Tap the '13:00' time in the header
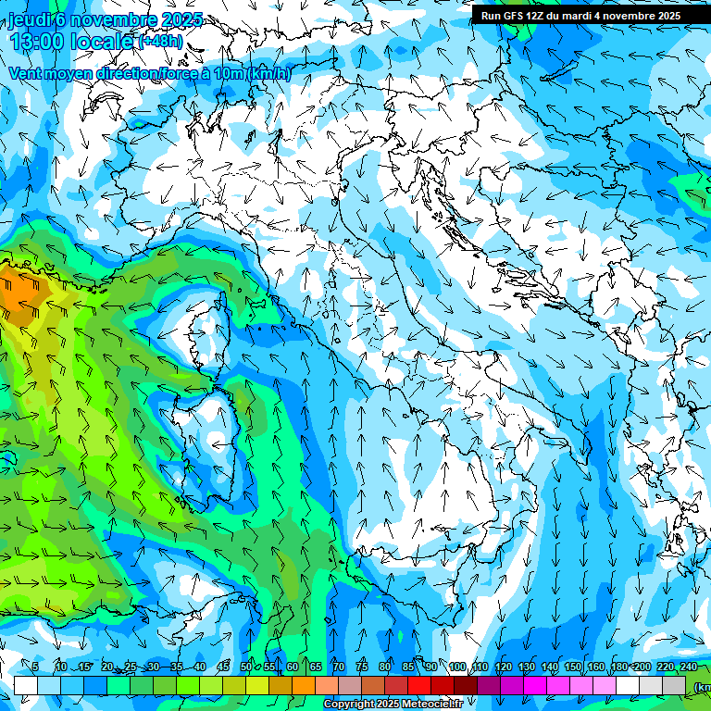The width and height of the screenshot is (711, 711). [37, 42]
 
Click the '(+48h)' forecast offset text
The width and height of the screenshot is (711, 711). [160, 42]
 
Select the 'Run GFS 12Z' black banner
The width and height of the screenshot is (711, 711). [580, 15]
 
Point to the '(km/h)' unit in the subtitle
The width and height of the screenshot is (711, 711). [268, 74]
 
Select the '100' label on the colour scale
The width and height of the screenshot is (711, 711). [457, 667]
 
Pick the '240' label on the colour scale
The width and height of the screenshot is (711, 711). [689, 667]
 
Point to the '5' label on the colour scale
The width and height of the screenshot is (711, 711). [35, 667]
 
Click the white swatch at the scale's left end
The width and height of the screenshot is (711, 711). [26, 685]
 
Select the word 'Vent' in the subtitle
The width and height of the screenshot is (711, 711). [26, 74]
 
